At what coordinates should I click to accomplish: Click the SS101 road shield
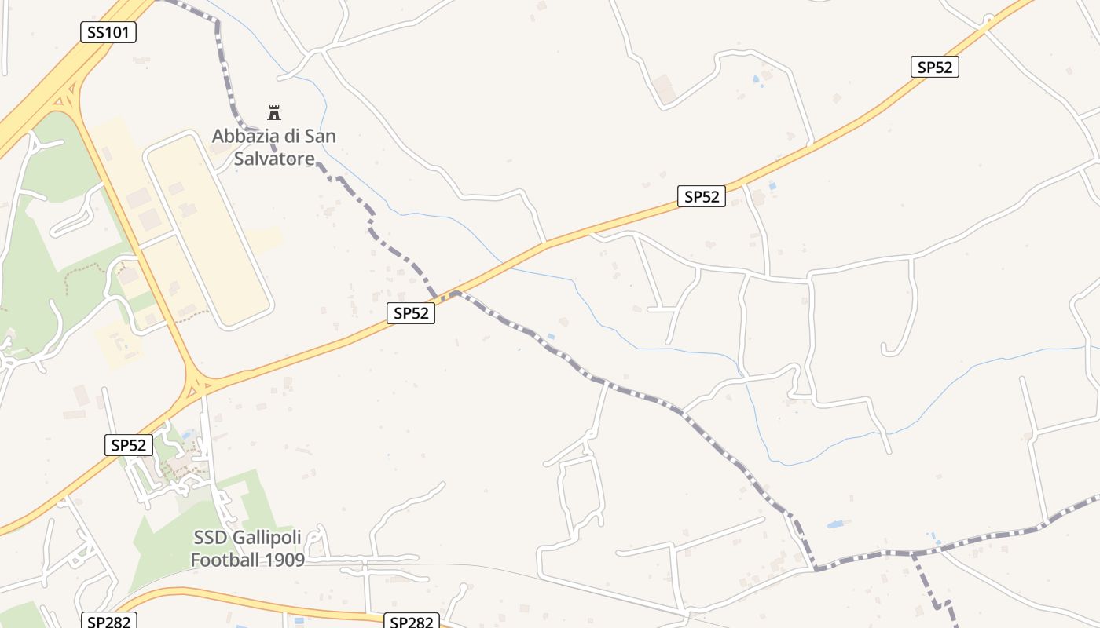pos(108,32)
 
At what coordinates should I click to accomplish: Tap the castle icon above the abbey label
pos(274,112)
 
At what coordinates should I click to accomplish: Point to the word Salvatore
pos(275,158)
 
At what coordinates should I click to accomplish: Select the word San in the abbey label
pos(321,136)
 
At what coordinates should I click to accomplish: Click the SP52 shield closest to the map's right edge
pos(934,67)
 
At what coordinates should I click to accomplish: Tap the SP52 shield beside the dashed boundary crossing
pos(411,313)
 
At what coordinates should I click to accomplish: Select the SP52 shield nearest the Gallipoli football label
pos(128,445)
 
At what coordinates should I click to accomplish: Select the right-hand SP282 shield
pos(411,622)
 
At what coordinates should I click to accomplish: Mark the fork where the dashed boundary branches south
pos(913,555)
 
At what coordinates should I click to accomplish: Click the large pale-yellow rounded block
pos(208,228)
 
